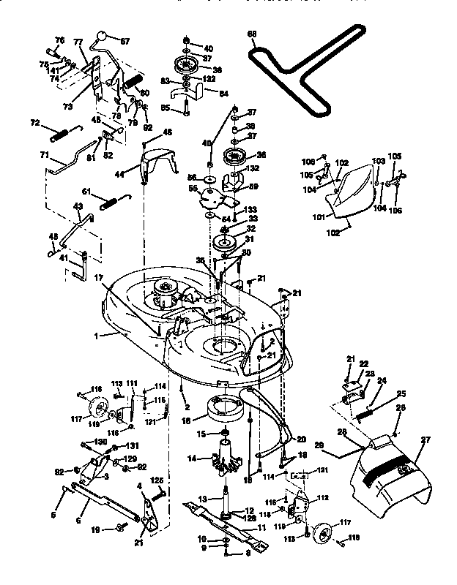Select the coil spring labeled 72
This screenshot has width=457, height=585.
click(x=65, y=134)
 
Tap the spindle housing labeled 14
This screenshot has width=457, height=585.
click(x=226, y=459)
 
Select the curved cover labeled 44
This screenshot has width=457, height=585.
click(x=156, y=166)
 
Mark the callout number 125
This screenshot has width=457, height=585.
click(x=156, y=480)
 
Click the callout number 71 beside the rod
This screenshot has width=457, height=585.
click(x=44, y=156)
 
